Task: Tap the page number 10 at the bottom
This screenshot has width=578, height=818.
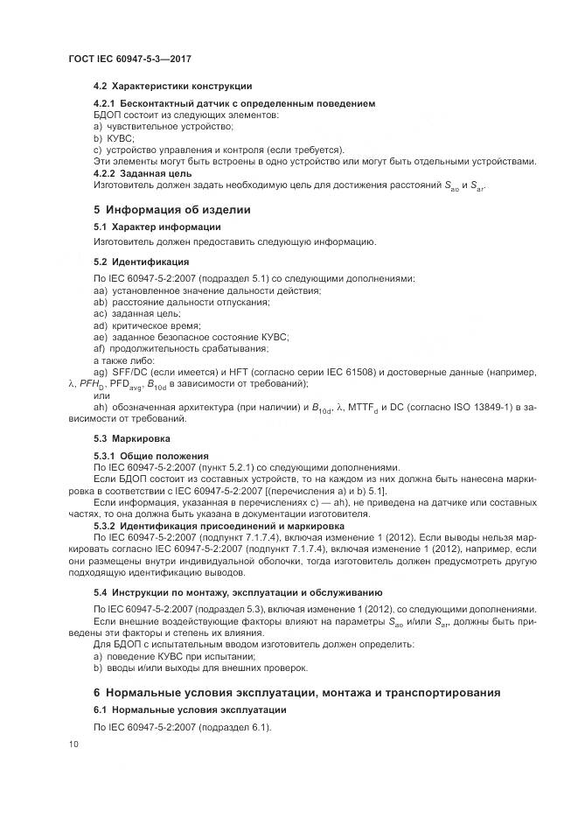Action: (73, 744)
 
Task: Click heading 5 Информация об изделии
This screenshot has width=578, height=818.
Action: (171, 209)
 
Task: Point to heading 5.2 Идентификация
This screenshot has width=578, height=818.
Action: (141, 261)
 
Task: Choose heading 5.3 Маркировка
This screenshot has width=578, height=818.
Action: (132, 437)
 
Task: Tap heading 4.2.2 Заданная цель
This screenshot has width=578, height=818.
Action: (142, 173)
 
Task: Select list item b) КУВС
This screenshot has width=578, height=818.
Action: (112, 138)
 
